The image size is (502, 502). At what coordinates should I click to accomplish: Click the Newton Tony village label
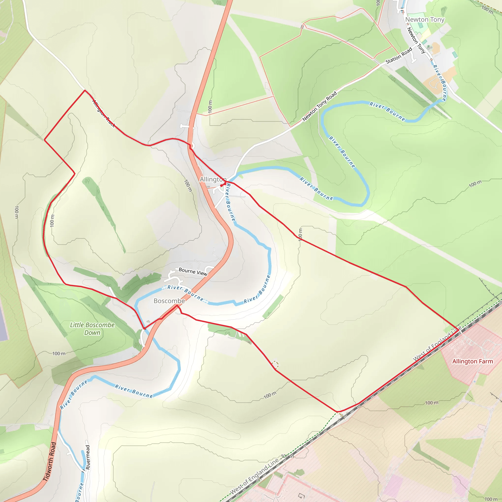(425, 20)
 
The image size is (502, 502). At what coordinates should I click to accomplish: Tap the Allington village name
(213, 179)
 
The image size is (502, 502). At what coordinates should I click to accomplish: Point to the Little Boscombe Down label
(92, 329)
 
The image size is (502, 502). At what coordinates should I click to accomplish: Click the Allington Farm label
(472, 362)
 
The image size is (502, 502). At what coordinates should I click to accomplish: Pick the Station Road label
(399, 55)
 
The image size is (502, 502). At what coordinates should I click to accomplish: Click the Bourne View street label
(193, 272)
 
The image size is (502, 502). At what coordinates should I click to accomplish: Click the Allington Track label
(103, 113)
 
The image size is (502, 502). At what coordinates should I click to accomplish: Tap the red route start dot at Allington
(221, 186)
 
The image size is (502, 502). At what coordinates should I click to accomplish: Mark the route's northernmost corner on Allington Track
(85, 90)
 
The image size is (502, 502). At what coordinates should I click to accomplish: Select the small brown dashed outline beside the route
(275, 364)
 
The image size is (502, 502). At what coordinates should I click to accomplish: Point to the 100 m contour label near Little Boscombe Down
(59, 354)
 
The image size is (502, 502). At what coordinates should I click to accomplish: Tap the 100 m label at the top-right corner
(487, 10)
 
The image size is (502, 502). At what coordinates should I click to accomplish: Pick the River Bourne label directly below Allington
(230, 202)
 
